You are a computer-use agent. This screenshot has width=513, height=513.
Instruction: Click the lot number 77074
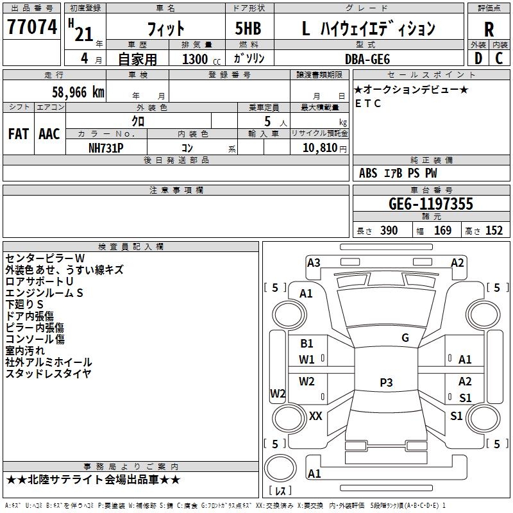(x=31, y=28)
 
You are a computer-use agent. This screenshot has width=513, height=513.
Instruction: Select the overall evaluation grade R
(x=489, y=29)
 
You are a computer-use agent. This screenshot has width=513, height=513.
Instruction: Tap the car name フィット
(x=165, y=29)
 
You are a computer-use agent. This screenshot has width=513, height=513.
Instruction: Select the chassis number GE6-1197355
(x=431, y=204)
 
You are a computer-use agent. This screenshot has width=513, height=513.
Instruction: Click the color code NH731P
(x=106, y=147)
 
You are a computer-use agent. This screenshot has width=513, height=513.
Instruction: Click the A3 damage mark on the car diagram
(x=314, y=262)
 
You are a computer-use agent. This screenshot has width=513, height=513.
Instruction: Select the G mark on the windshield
(x=405, y=337)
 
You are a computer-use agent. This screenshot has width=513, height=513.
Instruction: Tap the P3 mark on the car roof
(x=385, y=383)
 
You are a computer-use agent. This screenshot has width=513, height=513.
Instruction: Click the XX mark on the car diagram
(x=315, y=416)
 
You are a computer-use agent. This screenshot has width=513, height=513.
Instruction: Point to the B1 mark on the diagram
(x=307, y=344)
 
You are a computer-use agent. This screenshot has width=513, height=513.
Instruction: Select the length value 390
(x=389, y=231)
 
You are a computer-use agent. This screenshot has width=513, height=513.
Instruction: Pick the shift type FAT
(x=18, y=133)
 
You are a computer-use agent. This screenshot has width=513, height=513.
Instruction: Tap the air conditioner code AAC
(x=49, y=133)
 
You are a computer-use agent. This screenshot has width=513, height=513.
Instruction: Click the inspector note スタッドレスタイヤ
(x=49, y=374)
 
